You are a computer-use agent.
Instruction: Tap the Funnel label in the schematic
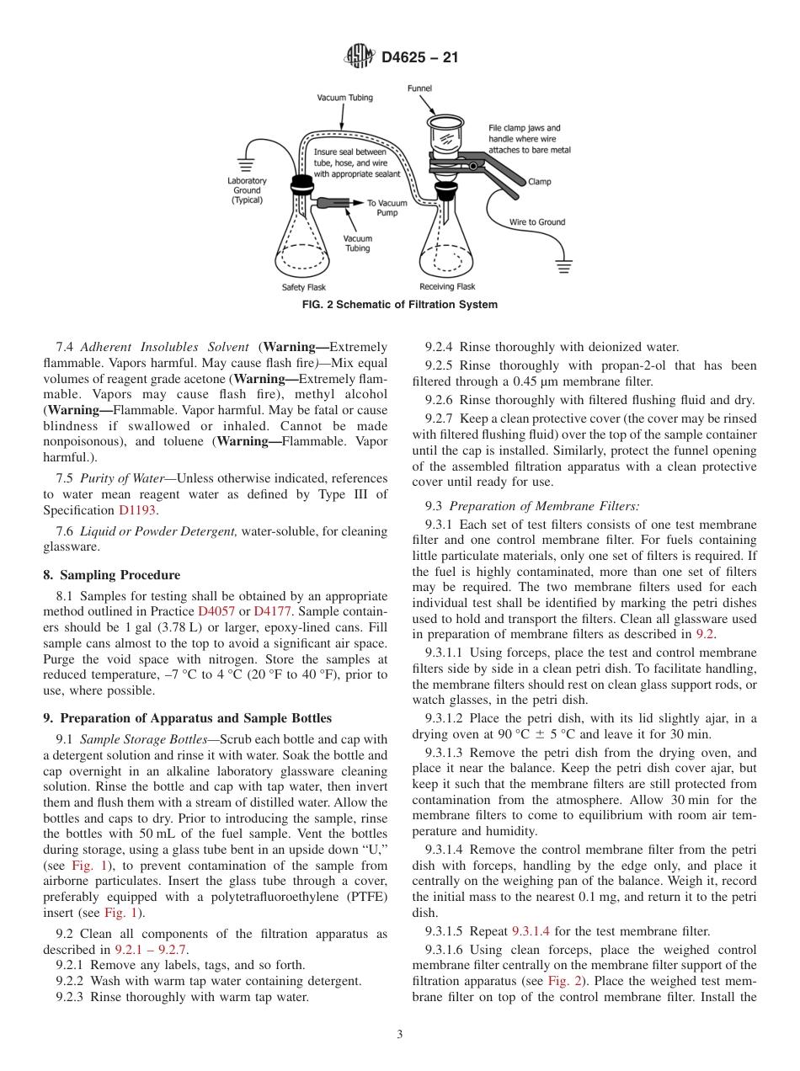tap(419, 88)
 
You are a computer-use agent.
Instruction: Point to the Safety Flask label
tap(303, 287)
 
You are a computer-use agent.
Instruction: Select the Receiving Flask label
tap(447, 287)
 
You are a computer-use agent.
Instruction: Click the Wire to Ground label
tap(537, 222)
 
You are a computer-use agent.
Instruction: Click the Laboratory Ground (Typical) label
tap(247, 190)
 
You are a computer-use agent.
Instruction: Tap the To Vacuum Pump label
tap(387, 208)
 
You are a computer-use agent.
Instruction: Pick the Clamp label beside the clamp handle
tap(539, 181)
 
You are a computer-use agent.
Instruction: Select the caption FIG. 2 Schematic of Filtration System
tap(399, 305)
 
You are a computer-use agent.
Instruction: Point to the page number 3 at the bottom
tap(399, 1035)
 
